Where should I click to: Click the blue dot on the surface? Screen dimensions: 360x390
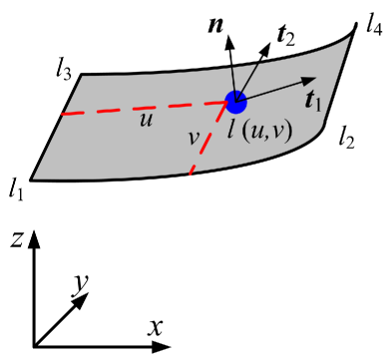(x=235, y=102)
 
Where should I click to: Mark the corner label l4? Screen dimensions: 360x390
(x=374, y=21)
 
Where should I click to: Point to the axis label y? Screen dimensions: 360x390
(x=82, y=285)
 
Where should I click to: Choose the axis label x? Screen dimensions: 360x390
(x=156, y=326)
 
